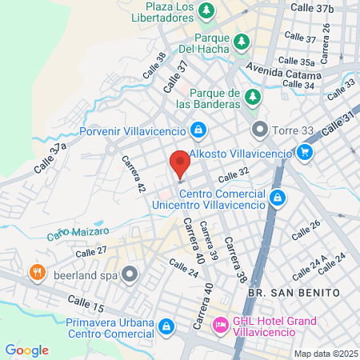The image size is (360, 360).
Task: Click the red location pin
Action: click(180, 162)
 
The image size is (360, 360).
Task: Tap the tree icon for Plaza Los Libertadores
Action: click(207, 10)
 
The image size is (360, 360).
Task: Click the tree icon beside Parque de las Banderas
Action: click(254, 97)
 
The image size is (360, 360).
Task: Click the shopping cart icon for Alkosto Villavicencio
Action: click(304, 151)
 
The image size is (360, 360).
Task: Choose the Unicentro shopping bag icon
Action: click(277, 197)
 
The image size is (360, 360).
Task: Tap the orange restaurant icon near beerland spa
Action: click(37, 272)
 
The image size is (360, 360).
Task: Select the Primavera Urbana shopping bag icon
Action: click(166, 326)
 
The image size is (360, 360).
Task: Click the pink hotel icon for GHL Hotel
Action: click(219, 326)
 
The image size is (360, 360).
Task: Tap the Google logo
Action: click(26, 350)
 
